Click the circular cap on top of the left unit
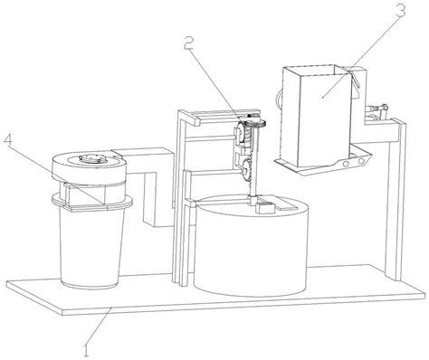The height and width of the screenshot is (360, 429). (93, 160)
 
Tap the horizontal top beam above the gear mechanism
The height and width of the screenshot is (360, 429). (217, 116)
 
